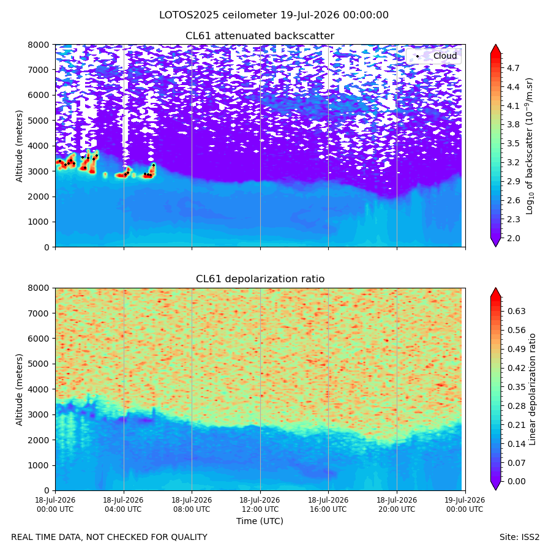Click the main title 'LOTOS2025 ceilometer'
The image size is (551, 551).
tap(218, 15)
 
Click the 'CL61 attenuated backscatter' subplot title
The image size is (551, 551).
tap(260, 36)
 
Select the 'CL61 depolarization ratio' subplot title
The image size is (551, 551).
tap(260, 279)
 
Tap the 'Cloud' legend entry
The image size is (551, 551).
tap(445, 56)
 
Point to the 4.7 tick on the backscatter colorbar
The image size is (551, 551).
tap(513, 68)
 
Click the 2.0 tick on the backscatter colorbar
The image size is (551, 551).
tap(513, 238)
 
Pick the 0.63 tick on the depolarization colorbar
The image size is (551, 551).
tap(517, 312)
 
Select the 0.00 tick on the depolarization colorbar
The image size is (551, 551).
tap(517, 481)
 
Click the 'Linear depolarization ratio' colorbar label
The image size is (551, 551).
tap(532, 389)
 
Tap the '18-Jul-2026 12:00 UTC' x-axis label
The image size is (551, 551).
tap(260, 504)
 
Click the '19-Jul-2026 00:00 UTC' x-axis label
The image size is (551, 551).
tap(465, 504)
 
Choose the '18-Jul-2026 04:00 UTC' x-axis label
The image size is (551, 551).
tap(123, 504)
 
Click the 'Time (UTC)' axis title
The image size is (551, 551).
tap(260, 521)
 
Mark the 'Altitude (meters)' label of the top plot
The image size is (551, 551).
tap(19, 146)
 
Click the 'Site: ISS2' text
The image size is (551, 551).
tap(519, 537)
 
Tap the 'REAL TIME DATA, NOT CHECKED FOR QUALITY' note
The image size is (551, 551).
tap(110, 537)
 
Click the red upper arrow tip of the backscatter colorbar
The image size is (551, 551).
tap(496, 45)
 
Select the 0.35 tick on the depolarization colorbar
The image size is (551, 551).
tap(517, 387)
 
